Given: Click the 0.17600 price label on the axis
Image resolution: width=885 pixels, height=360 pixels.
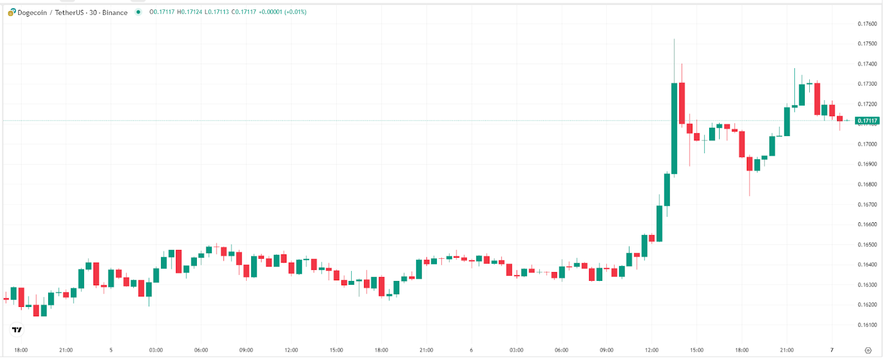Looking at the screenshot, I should [x=867, y=24].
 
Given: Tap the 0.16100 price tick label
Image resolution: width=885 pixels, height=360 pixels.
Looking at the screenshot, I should [x=867, y=325].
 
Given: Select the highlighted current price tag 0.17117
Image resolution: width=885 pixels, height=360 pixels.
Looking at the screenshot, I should [x=867, y=121].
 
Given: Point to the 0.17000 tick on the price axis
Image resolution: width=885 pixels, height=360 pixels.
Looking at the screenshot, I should [x=867, y=144].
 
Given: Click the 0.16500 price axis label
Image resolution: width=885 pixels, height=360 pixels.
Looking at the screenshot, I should [x=867, y=244].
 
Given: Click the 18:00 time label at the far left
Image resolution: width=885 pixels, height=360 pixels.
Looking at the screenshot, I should [x=21, y=350].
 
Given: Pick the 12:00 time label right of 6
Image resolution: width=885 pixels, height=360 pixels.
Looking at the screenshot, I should [x=652, y=350].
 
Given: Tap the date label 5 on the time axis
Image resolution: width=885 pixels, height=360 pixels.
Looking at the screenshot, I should [x=111, y=350].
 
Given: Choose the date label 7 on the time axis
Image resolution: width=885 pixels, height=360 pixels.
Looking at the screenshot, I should [x=831, y=350].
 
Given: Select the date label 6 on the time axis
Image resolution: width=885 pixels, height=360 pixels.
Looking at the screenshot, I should [x=471, y=350].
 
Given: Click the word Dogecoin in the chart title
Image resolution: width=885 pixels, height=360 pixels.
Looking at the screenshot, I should [x=32, y=13].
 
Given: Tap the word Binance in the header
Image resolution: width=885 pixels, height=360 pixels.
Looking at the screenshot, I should [x=115, y=13].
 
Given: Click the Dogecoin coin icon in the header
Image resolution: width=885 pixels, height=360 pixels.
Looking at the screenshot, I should [x=12, y=12].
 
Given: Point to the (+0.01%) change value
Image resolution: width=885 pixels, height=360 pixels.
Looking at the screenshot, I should [x=295, y=12].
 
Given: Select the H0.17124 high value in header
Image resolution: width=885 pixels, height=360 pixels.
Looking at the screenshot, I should [x=189, y=12].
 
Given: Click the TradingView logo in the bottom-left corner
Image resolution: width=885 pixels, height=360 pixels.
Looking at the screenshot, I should [x=17, y=330].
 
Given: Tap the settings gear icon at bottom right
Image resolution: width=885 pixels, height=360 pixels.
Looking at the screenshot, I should [x=868, y=351].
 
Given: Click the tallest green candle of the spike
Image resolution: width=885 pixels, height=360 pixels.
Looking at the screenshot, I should [x=674, y=128].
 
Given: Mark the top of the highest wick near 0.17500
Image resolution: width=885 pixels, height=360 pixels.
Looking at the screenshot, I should [x=674, y=39].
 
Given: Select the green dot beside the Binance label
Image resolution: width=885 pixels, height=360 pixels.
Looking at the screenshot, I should [x=138, y=12].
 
